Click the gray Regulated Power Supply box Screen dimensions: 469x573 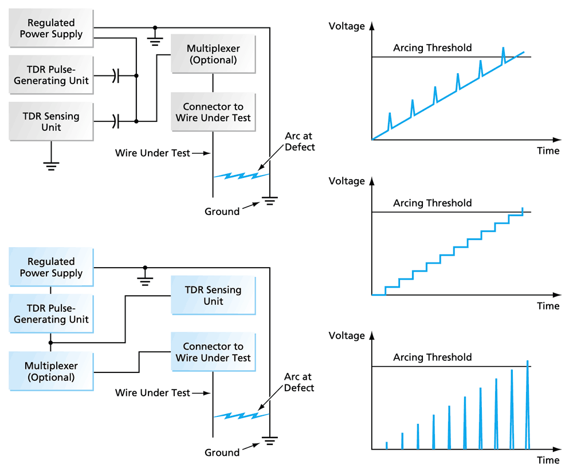pos(51,29)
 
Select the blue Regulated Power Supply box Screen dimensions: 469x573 pos(51,268)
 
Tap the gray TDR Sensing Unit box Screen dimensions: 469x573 pos(51,121)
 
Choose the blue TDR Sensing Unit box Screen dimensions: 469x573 pos(213,296)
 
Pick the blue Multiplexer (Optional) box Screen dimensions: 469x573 pos(51,371)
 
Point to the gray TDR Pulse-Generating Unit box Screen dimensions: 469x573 pos(51,75)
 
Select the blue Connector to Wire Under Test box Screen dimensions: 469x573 pos(213,352)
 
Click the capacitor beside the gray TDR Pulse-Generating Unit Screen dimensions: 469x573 pos(116,75)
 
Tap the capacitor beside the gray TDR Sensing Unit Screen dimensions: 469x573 pos(116,121)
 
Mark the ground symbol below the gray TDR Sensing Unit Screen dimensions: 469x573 pos(51,166)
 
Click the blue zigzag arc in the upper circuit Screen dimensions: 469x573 pos(241,175)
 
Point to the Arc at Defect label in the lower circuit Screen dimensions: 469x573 pos(299,382)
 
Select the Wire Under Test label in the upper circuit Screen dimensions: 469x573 pos(152,153)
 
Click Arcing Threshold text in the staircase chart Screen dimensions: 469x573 pos(432,203)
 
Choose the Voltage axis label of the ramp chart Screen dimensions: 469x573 pos(346,26)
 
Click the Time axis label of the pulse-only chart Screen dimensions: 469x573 pos(548,460)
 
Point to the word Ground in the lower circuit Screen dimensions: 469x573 pos(222,452)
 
